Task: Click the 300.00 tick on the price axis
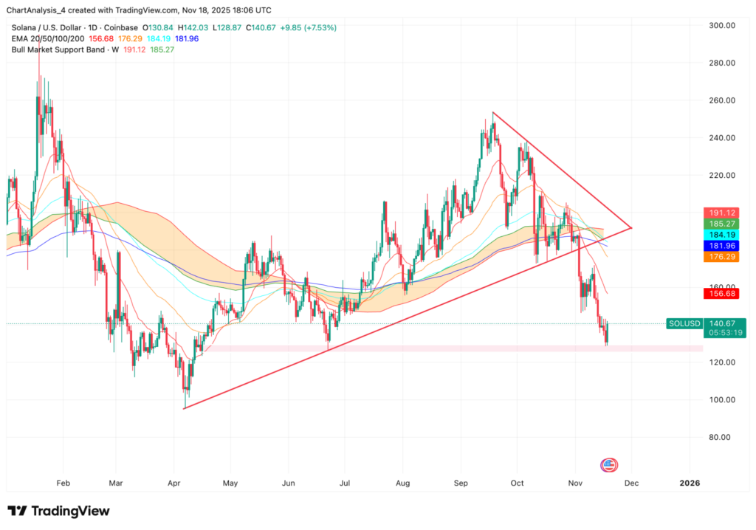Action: coord(721,25)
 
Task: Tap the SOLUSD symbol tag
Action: coord(683,323)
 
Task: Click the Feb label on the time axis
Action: coord(62,483)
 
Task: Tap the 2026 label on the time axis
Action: coord(690,483)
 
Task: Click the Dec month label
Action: coord(631,483)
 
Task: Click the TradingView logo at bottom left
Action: coord(58,511)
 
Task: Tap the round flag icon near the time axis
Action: coord(608,464)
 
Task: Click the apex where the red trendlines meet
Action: coord(632,227)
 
